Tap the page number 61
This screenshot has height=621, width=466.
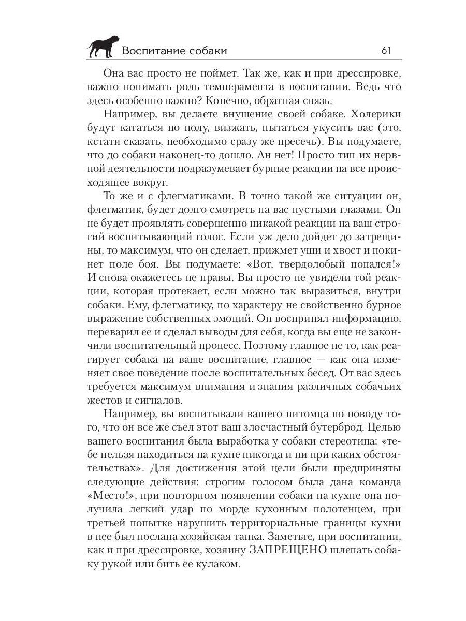tap(386, 50)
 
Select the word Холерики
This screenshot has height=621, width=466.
tap(369, 113)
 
